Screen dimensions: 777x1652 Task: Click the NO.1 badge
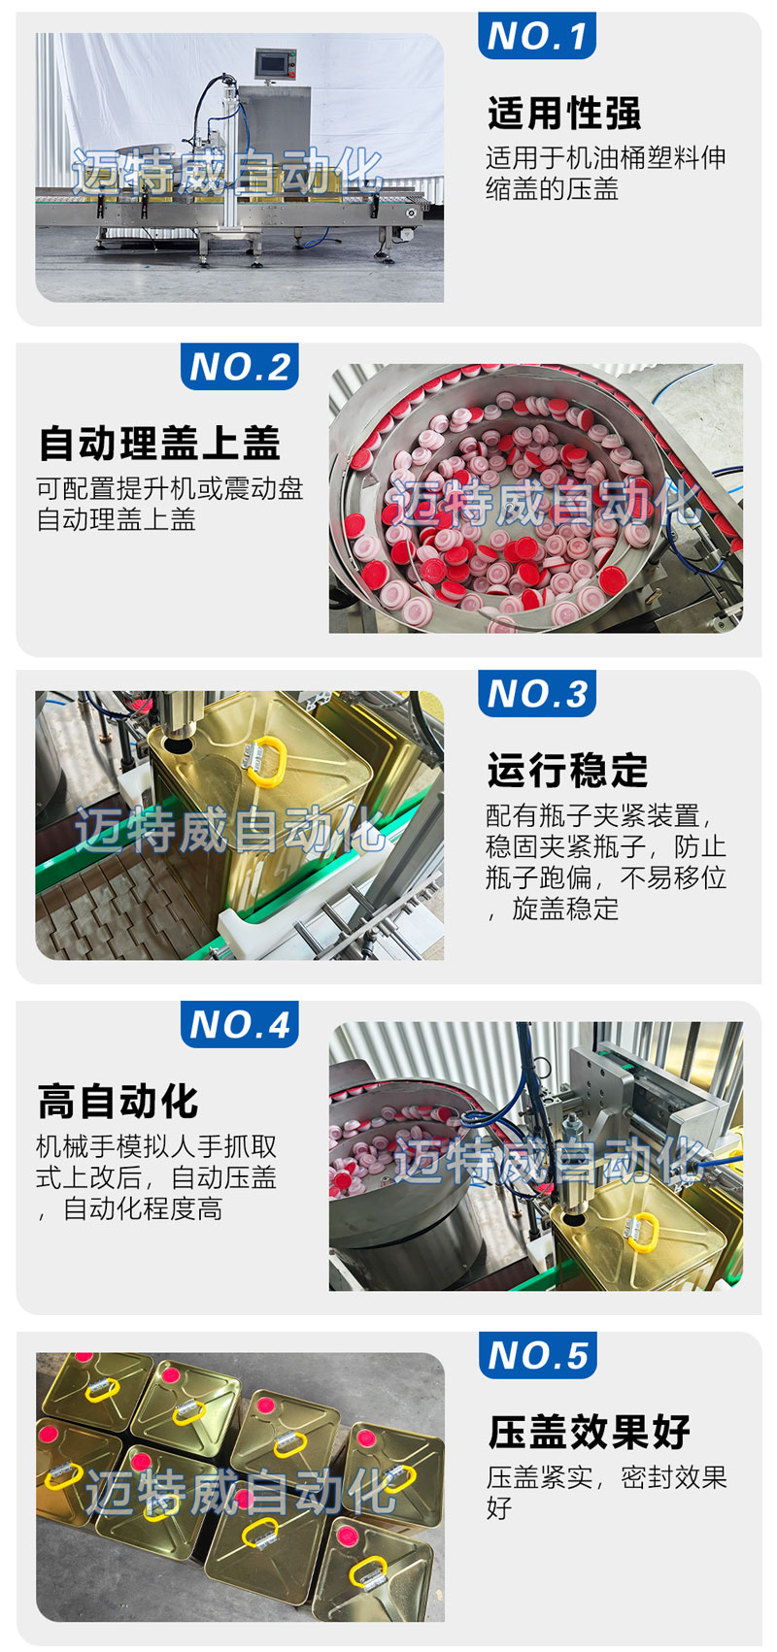[536, 35]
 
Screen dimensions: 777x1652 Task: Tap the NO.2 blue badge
[240, 367]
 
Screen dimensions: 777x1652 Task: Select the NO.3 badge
[536, 693]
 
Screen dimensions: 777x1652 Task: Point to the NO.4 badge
[240, 1024]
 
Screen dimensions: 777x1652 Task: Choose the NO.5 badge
[537, 1355]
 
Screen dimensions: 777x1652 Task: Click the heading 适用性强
[564, 114]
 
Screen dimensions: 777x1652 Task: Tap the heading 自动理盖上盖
[159, 444]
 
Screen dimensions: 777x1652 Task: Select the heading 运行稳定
[567, 771]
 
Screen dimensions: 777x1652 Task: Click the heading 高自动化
[118, 1102]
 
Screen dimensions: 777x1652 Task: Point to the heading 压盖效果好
[589, 1433]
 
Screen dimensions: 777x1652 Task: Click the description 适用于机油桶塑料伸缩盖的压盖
[606, 174]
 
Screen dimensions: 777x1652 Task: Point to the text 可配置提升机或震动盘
[170, 488]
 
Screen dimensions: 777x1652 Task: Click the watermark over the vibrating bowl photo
[545, 502]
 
